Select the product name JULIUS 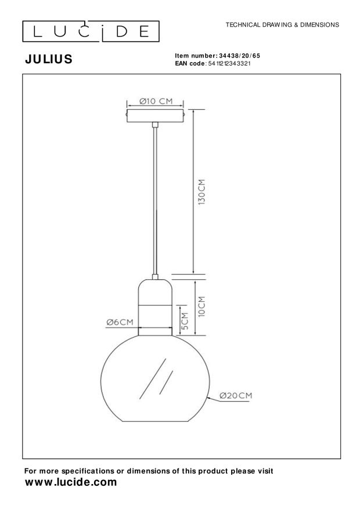tap(48, 59)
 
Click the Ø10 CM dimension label tap(156, 101)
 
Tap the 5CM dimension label tap(185, 320)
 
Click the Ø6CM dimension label tap(120, 322)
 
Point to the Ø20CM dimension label tap(235, 396)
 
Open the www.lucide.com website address tap(71, 482)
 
